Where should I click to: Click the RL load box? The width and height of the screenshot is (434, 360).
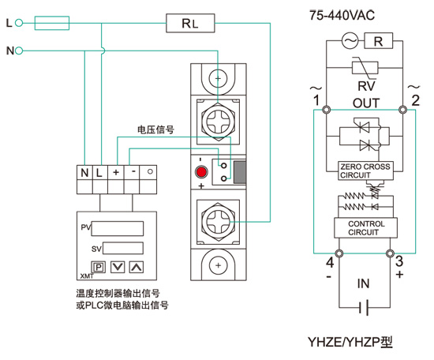click(190, 23)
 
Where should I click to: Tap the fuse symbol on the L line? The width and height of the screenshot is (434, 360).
click(52, 23)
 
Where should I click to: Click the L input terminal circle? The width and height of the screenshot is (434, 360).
click(19, 23)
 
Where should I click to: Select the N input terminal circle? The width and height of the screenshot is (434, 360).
click(19, 51)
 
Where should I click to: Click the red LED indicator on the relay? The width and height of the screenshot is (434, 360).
click(201, 172)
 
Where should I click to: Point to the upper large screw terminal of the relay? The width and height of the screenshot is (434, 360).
click(218, 122)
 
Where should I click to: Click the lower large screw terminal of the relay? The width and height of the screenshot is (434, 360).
click(218, 222)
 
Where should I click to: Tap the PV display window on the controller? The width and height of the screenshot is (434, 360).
click(118, 228)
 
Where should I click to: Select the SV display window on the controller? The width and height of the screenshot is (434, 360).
click(123, 248)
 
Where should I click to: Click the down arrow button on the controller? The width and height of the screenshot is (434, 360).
click(118, 267)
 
